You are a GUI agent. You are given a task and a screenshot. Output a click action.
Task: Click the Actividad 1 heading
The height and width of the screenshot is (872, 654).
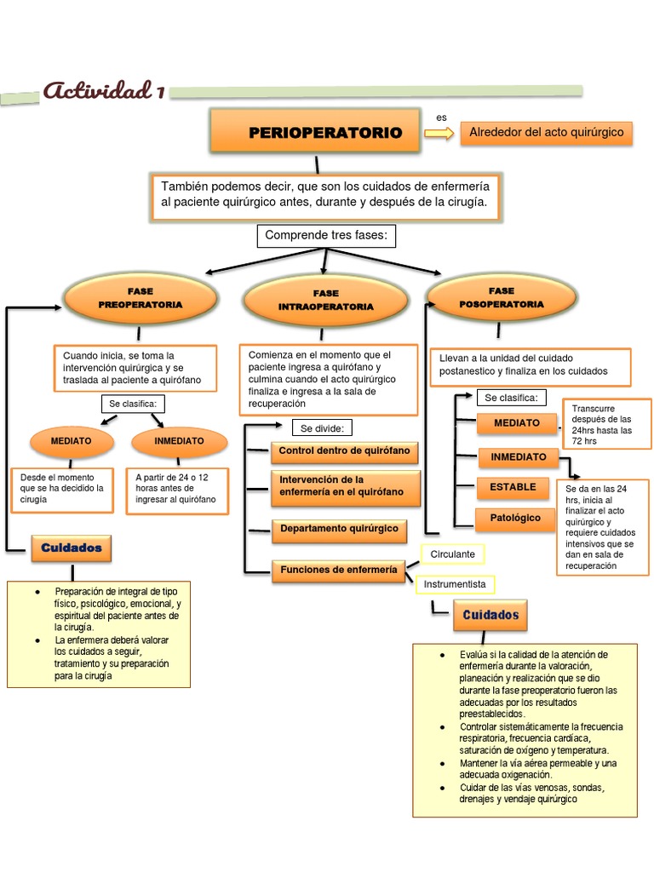tap(103, 90)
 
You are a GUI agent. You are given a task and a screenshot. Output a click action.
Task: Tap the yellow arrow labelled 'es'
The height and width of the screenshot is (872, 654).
tap(439, 133)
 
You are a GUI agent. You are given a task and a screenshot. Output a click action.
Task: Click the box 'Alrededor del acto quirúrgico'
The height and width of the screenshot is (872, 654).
tap(547, 132)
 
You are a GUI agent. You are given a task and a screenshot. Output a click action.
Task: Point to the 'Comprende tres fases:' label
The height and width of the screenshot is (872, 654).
tap(327, 236)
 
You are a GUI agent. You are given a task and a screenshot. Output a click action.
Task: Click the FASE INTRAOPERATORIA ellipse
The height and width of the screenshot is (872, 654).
tap(324, 300)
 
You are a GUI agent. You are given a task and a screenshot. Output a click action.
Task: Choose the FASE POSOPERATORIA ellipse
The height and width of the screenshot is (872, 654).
tap(501, 296)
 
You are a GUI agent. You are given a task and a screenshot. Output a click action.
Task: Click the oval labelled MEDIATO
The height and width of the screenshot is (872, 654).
tap(72, 441)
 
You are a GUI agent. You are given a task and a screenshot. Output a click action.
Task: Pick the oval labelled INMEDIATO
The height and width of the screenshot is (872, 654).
tap(179, 441)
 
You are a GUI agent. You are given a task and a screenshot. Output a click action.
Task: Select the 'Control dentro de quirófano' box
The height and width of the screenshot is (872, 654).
tap(345, 450)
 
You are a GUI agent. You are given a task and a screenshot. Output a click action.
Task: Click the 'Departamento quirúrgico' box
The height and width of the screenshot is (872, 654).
tap(339, 529)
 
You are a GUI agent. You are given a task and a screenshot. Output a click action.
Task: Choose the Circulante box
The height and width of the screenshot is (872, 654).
tap(451, 554)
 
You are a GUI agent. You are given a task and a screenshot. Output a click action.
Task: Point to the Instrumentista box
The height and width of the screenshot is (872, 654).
tap(456, 585)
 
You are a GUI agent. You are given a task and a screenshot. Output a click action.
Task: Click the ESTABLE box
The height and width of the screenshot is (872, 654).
tap(513, 487)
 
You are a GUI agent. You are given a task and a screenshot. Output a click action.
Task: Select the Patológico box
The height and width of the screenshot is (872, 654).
tap(514, 518)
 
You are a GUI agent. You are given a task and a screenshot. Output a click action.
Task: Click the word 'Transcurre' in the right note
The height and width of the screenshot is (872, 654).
tap(593, 408)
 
